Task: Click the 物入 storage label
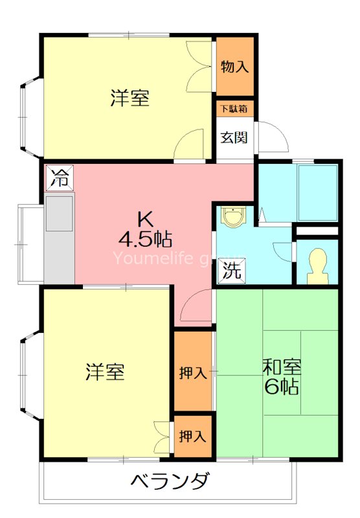[x=234, y=66]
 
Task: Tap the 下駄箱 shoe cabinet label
[x=234, y=109]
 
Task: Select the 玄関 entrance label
[x=234, y=137]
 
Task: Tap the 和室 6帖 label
[x=281, y=377]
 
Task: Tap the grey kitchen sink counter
[x=59, y=237]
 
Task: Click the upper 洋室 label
[x=129, y=98]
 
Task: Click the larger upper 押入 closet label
[x=193, y=372]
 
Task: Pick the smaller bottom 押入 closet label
[x=193, y=436]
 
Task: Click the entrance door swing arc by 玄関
[x=272, y=137]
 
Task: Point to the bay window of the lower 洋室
[x=29, y=373]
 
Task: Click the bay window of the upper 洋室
[x=29, y=117]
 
